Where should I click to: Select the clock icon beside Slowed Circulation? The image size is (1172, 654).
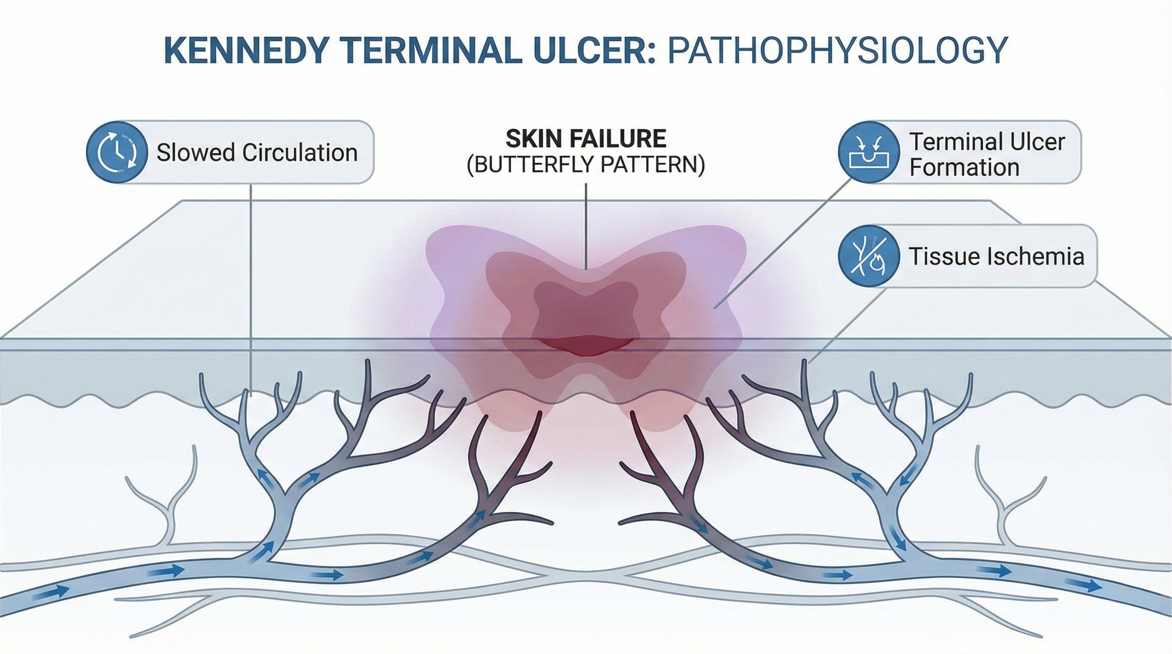(x=117, y=152)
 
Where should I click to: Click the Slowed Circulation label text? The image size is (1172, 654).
(x=257, y=152)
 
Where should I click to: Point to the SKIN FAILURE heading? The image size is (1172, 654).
(x=586, y=139)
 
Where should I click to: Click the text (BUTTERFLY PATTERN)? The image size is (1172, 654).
(x=586, y=165)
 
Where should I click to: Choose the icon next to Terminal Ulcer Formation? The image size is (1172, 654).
(x=868, y=152)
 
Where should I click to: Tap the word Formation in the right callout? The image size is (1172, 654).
(x=964, y=168)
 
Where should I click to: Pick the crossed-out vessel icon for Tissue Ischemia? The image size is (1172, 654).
(x=868, y=255)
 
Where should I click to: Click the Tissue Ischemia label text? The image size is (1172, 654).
(x=997, y=256)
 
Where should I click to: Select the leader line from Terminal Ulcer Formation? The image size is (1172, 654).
(x=783, y=243)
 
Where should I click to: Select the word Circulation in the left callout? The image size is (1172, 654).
(x=300, y=152)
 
